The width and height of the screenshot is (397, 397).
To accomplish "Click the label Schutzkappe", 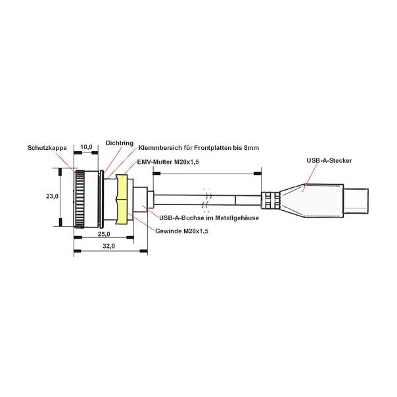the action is pos(47,148).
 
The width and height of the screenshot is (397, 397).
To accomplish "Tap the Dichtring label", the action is pos(120,143).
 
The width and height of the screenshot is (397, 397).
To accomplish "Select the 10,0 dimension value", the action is pos(86,147).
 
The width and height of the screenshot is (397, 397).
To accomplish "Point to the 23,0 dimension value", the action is pos(52,197).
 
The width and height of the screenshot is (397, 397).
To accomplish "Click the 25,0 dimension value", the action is pos(104,234).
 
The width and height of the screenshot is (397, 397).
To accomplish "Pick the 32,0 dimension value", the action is pos(109,246).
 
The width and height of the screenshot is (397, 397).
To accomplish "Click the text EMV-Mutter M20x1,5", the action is pos(168,162).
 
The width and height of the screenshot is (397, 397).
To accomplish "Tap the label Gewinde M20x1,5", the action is pos(181,231).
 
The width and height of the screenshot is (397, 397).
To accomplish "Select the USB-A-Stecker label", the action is pos(329,160).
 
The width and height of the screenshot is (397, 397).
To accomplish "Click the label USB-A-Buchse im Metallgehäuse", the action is pos(209,218).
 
